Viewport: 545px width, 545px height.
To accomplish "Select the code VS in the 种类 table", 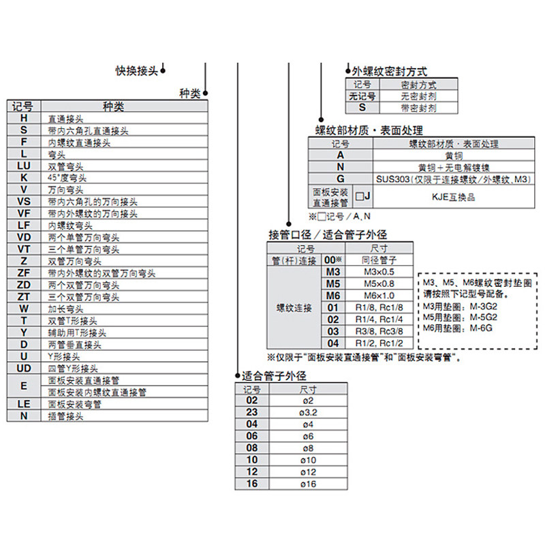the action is (24, 202).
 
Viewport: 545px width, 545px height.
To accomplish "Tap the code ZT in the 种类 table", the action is (24, 297).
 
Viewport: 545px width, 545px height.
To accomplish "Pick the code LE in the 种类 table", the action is (24, 403).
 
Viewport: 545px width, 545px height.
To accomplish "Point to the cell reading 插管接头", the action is (66, 416).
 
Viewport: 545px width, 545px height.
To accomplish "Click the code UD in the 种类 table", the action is (24, 369).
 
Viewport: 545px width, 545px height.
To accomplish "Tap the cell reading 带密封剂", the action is (419, 108).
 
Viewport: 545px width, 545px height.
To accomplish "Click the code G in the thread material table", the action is (340, 178).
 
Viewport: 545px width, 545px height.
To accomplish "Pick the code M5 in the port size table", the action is (332, 283).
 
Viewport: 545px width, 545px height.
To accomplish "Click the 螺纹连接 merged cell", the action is (293, 308).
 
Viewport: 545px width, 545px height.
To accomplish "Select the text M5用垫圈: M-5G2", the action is (457, 316).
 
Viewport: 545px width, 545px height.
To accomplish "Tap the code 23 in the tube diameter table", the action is (252, 412).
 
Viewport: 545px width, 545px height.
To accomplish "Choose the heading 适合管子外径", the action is (274, 376).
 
